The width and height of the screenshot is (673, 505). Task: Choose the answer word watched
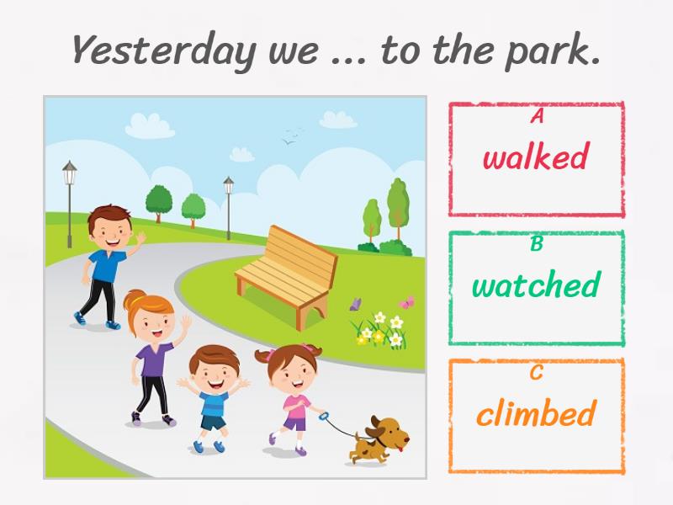click(536, 284)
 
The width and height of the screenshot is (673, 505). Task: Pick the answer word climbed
click(537, 412)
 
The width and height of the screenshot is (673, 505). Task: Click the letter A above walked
click(537, 115)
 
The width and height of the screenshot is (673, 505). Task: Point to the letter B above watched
click(537, 243)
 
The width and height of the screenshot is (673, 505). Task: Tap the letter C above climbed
click(537, 372)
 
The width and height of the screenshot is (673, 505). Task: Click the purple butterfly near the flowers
click(355, 304)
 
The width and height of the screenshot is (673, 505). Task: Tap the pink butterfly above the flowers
click(407, 302)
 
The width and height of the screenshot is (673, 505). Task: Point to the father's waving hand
click(140, 237)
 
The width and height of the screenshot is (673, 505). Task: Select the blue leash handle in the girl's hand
click(324, 416)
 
